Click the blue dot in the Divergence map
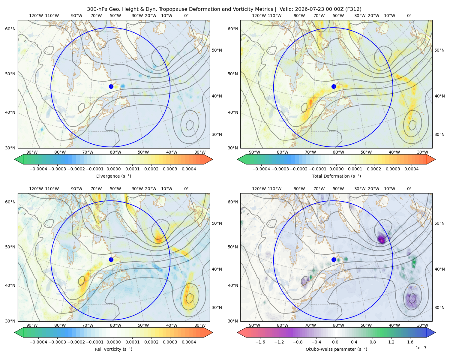tap(111, 86)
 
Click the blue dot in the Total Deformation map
tap(334, 86)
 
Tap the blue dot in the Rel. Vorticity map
tap(111, 259)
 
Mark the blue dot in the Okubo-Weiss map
tap(334, 259)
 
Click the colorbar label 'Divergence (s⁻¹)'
tap(113, 176)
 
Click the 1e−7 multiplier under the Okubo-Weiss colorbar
tap(421, 348)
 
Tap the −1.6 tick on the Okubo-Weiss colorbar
tap(260, 342)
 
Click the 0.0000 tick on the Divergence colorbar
tap(113, 169)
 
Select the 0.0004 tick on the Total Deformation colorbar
tap(411, 169)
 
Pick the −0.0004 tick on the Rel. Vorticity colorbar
tap(38, 342)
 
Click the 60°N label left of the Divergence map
tap(10, 29)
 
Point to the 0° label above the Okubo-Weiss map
tap(409, 189)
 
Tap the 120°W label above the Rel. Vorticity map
tap(36, 189)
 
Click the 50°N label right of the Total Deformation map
tap(439, 50)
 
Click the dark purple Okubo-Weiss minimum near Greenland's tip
tap(382, 240)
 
